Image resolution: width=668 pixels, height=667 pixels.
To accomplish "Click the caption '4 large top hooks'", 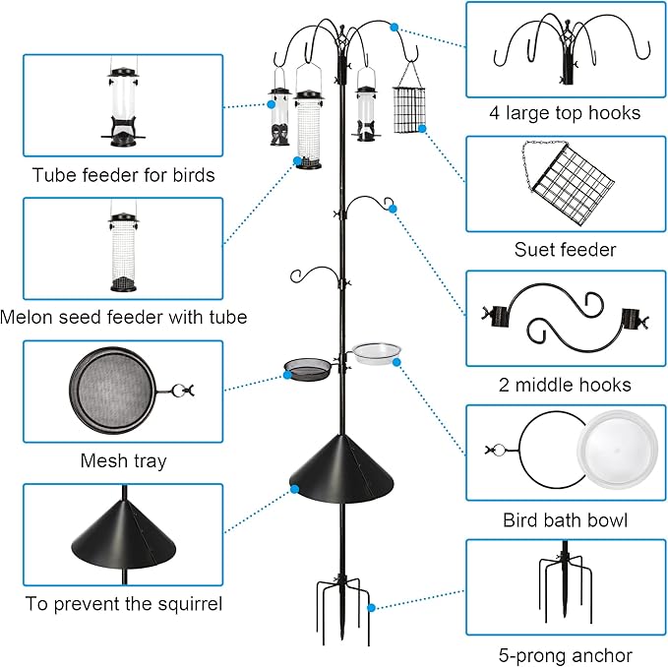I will coord(565,113).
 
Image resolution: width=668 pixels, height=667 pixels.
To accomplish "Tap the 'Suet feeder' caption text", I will coord(565,249).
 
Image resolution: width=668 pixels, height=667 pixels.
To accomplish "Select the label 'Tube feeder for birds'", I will coord(123,176).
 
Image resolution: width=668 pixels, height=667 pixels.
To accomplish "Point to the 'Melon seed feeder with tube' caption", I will coord(123,317).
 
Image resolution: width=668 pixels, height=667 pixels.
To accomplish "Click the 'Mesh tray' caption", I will coord(123,460).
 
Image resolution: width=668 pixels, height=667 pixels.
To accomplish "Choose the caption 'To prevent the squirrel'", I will coord(123,603).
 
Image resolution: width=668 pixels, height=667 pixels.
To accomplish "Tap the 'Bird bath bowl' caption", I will coord(565,519).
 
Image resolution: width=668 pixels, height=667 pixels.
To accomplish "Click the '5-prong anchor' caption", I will coord(565,655).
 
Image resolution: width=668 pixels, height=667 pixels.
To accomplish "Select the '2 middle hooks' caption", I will coord(565,385).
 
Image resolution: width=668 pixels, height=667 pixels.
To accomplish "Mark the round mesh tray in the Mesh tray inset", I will coord(112,391).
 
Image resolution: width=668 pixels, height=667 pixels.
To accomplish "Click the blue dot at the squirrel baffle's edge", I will coord(292,485).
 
